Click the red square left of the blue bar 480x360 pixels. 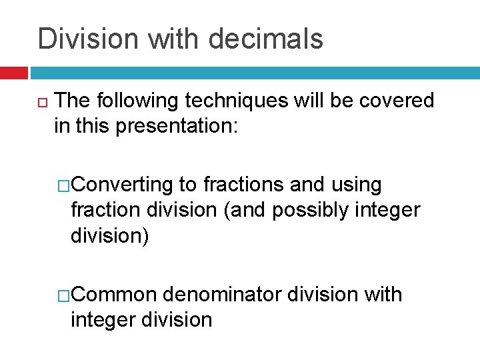13,72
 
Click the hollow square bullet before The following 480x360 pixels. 42,101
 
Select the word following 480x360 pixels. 137,101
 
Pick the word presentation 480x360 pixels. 177,126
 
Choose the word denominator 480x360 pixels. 224,294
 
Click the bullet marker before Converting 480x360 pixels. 64,185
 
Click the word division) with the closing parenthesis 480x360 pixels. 110,235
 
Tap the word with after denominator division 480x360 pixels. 383,294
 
